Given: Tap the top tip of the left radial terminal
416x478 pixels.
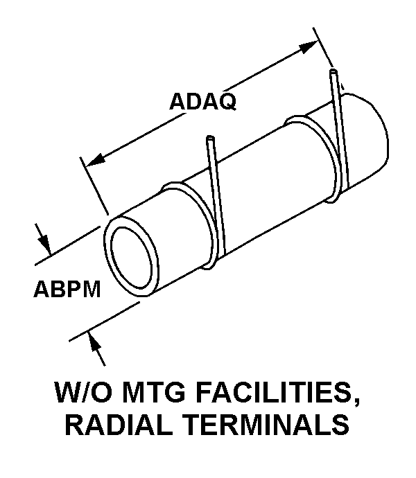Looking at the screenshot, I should [x=209, y=141].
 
